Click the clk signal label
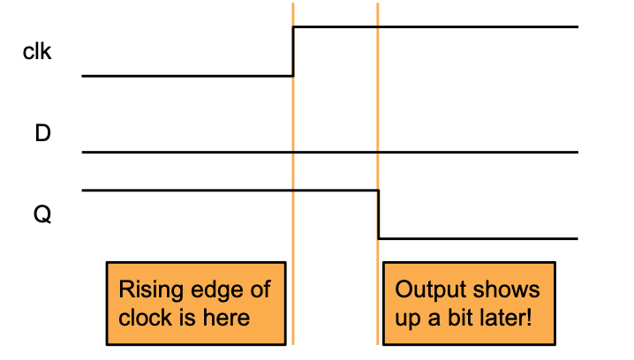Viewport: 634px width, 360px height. click(37, 52)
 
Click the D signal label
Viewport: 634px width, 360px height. click(42, 135)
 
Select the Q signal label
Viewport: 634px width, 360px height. click(42, 214)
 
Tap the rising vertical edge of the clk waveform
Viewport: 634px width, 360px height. click(293, 51)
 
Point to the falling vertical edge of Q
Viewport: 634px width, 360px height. click(379, 214)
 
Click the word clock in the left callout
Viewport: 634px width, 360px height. click(146, 317)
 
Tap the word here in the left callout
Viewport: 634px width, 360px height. click(229, 317)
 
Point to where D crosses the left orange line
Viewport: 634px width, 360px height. click(293, 153)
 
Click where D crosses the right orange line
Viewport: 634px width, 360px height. click(378, 153)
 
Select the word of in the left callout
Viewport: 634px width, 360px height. click(260, 290)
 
